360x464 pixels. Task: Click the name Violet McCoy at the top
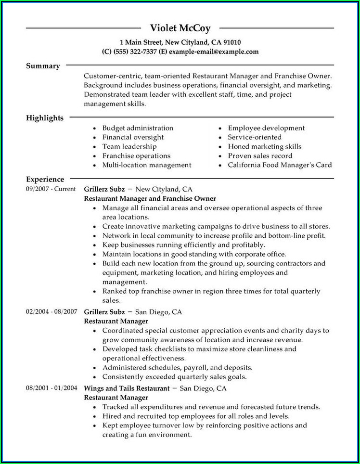180,28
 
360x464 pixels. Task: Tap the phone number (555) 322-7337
136,52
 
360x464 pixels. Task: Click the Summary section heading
43,66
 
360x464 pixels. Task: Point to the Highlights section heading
45,118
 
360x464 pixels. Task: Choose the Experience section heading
45,180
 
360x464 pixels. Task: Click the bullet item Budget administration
138,128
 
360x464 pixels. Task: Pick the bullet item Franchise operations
136,156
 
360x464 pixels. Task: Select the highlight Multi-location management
147,165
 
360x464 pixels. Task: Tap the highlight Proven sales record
260,156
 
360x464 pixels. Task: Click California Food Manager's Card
280,165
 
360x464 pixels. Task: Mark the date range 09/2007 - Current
51,189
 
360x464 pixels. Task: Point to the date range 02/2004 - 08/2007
51,312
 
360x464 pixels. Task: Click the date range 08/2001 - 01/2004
51,388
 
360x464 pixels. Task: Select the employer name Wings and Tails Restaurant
127,388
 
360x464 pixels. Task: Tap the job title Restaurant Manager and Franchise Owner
150,198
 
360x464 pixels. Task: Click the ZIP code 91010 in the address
231,42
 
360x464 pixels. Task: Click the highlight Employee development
266,128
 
